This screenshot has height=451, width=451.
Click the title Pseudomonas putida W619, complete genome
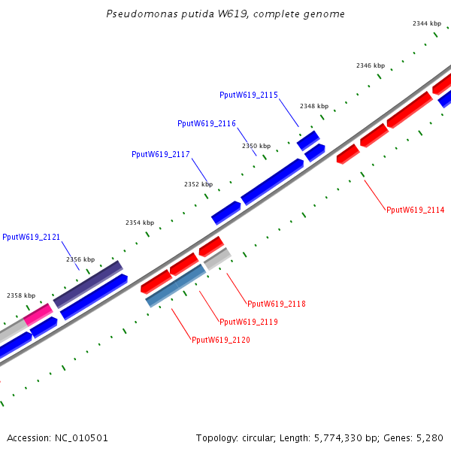coord(225,14)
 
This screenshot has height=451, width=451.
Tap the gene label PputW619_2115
coord(249,95)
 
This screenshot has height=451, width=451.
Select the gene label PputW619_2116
coord(207,123)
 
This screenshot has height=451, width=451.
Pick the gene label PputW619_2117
coord(161,154)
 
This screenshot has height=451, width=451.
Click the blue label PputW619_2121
coord(31,237)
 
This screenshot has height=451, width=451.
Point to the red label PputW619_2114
coord(416,210)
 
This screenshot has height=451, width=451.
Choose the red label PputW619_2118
coord(277,304)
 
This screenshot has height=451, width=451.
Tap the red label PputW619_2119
coord(249,322)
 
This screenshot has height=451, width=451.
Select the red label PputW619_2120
coord(220,340)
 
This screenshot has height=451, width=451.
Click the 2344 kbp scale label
coord(427,23)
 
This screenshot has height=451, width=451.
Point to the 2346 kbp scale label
coord(371,65)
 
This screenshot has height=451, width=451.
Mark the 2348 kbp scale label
coord(314,106)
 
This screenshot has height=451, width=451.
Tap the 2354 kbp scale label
coord(140,222)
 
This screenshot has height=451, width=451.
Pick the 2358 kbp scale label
coord(21,295)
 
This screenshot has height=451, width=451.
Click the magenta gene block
coord(38,314)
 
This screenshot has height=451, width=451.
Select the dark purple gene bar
coord(88,284)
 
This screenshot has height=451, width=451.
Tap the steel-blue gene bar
coord(175,286)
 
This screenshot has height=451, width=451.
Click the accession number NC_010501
coord(81,438)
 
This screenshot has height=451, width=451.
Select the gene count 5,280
coord(430,438)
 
